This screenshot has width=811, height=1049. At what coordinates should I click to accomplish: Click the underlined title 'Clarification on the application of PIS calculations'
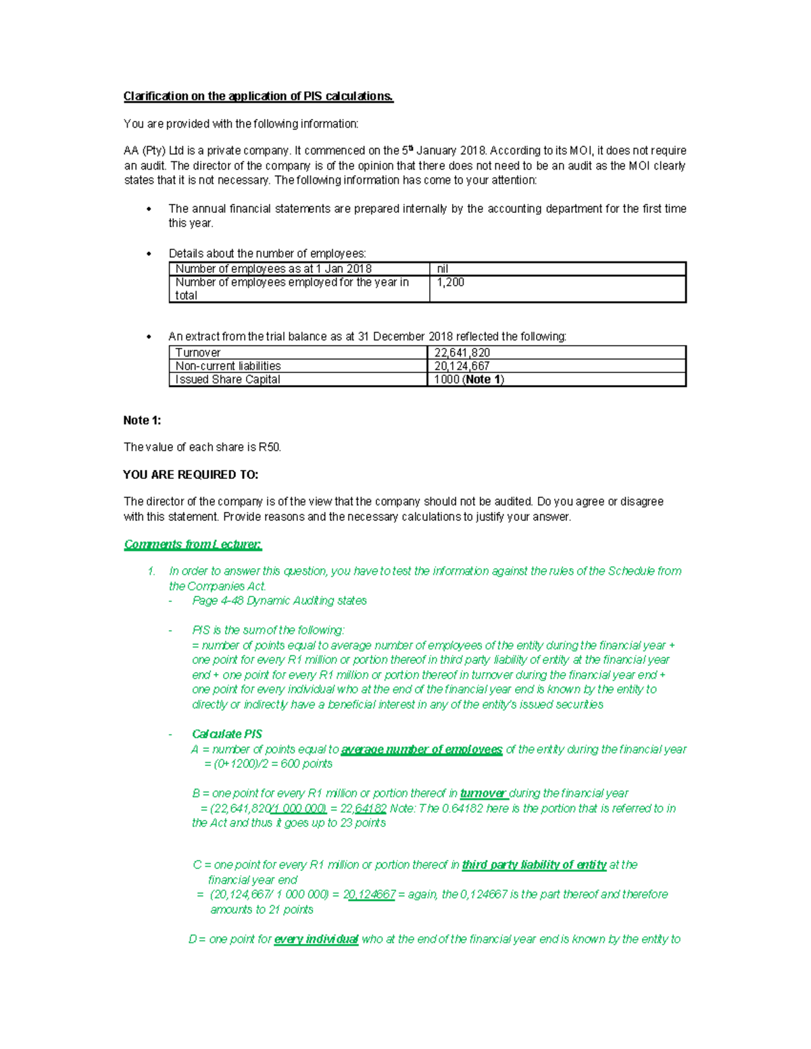(x=257, y=96)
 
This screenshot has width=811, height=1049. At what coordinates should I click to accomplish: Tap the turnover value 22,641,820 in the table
(x=462, y=353)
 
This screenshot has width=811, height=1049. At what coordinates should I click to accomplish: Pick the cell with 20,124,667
(x=462, y=366)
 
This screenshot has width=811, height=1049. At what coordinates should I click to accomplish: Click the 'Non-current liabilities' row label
(x=228, y=366)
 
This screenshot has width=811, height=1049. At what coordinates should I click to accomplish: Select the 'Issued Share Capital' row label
(x=228, y=380)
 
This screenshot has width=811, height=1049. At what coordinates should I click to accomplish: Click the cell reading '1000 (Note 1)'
(x=469, y=380)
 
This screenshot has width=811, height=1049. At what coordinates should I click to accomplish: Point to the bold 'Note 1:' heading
(x=142, y=420)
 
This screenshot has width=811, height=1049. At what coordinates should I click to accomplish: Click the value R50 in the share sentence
(x=269, y=447)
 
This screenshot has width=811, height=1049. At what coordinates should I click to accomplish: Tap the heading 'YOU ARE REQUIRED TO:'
(x=191, y=475)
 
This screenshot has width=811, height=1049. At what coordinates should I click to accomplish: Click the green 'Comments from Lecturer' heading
(x=193, y=544)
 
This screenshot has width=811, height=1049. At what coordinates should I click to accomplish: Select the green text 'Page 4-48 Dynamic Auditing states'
(x=279, y=600)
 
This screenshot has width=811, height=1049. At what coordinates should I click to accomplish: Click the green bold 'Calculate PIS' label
(x=227, y=734)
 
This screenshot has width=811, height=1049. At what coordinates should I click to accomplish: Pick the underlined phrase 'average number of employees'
(x=422, y=749)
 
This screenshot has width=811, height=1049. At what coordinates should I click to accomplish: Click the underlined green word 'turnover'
(x=483, y=793)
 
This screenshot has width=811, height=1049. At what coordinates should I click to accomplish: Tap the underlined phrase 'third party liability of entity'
(x=534, y=865)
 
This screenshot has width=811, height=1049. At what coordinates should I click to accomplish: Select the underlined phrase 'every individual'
(x=316, y=939)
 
